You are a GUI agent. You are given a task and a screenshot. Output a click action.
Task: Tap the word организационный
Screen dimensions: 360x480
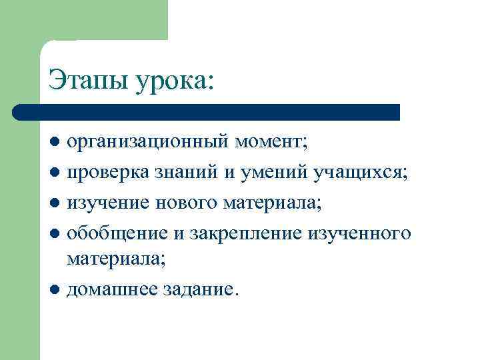click(149, 142)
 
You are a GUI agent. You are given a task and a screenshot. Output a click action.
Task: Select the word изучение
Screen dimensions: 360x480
click(109, 203)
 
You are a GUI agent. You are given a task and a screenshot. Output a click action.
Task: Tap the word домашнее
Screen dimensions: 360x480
click(111, 290)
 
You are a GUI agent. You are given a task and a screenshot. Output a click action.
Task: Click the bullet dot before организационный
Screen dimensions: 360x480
click(56, 142)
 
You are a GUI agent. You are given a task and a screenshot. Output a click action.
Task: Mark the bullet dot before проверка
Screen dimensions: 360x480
click(56, 173)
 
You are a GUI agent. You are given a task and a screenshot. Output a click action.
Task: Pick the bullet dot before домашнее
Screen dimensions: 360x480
click(56, 290)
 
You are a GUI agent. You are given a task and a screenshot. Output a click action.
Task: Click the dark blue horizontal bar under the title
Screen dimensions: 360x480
click(207, 111)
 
